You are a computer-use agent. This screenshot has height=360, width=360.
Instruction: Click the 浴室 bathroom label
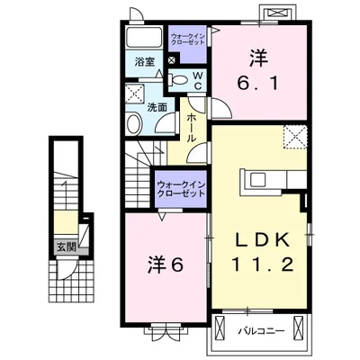point(145,62)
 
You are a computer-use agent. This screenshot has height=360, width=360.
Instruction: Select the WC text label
point(198,80)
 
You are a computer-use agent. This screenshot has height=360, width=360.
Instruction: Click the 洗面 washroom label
point(157,108)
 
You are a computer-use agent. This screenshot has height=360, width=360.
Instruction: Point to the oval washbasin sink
point(134,123)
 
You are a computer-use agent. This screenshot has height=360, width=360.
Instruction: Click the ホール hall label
point(192,128)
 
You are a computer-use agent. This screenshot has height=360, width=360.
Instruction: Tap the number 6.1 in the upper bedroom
point(258,83)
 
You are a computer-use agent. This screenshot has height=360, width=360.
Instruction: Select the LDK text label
point(261,239)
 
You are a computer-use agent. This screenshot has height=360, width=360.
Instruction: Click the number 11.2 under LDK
point(263,265)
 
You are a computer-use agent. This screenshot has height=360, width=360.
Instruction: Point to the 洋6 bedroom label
point(166,265)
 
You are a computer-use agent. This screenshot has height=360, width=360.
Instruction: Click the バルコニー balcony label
point(261,331)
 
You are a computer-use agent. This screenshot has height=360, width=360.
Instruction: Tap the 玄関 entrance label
point(67,247)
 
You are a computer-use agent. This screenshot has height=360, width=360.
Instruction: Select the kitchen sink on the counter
point(258,180)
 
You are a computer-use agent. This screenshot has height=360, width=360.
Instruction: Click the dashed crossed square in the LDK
point(295,137)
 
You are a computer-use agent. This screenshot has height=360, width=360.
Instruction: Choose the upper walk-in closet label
point(187,39)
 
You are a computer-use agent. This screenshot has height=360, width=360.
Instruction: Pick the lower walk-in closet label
point(181,189)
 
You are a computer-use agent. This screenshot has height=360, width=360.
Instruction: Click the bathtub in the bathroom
point(144,38)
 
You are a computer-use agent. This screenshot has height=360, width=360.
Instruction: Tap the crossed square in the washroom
point(135,94)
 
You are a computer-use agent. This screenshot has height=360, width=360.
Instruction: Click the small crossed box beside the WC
point(172,60)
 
